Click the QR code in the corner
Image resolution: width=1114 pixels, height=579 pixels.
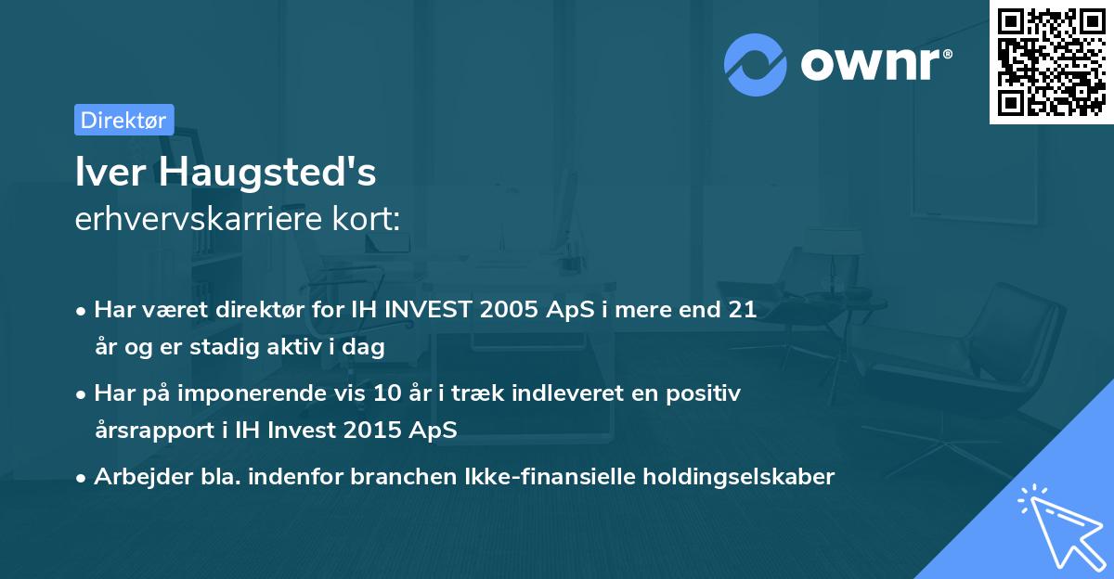(x=1051, y=62)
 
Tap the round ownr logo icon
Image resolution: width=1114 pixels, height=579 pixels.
(x=756, y=64)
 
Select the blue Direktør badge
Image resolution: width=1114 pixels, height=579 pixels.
(x=123, y=120)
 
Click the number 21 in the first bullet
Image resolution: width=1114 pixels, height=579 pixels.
(x=742, y=310)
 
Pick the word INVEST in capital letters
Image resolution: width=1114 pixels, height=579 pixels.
(x=428, y=310)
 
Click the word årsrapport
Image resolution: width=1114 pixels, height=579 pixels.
(x=153, y=430)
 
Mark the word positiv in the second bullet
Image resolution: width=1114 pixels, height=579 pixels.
(x=707, y=393)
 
